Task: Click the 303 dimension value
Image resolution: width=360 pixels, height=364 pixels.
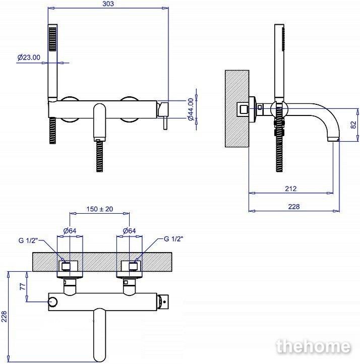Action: click(x=108, y=4)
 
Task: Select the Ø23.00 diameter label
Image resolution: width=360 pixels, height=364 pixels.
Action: click(x=29, y=57)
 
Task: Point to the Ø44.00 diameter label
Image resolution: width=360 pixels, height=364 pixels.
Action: click(x=191, y=109)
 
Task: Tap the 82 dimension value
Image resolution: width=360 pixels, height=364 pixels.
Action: click(x=353, y=125)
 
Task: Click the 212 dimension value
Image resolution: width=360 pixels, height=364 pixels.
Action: click(x=291, y=189)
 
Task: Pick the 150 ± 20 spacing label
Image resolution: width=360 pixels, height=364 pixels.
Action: click(x=100, y=209)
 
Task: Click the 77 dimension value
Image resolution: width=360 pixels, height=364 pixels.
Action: click(x=23, y=286)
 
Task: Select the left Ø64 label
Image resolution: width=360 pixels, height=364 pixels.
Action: click(x=70, y=231)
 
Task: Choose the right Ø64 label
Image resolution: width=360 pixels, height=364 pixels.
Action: click(x=129, y=231)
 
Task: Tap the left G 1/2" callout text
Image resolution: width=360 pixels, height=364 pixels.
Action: click(x=28, y=240)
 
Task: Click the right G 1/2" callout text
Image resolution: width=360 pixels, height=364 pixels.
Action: click(x=173, y=239)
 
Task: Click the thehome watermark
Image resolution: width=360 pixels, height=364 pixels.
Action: click(x=313, y=346)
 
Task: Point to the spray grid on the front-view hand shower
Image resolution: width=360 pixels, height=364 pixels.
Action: click(x=52, y=39)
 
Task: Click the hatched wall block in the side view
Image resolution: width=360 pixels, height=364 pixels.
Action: click(x=237, y=108)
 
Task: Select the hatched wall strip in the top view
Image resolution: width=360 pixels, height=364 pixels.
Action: click(x=102, y=262)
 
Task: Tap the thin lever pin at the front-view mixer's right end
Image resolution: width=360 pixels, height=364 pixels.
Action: click(x=165, y=123)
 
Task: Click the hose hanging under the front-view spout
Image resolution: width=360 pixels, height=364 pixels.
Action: click(x=99, y=156)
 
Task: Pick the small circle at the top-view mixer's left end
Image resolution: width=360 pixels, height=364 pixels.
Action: click(x=52, y=302)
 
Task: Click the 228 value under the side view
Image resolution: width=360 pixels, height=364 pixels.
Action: click(x=294, y=206)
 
